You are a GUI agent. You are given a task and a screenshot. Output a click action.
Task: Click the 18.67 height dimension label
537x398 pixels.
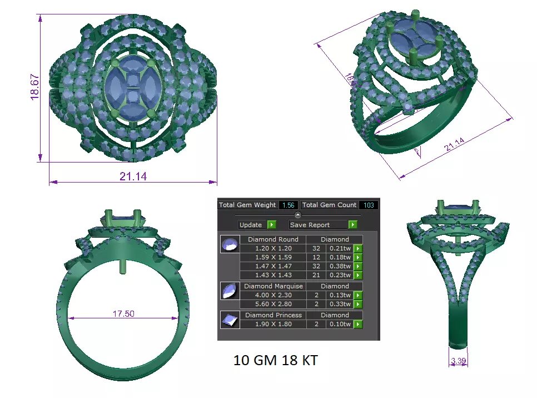tap(35, 87)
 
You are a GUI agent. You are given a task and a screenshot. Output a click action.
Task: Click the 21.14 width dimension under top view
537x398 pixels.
tap(133, 176)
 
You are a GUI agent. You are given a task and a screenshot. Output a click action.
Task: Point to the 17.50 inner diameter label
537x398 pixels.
tap(123, 314)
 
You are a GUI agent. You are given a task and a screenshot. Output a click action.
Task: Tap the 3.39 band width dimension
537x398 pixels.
tap(459, 361)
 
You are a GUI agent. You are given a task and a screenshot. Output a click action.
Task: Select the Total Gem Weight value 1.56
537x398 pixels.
tap(288, 205)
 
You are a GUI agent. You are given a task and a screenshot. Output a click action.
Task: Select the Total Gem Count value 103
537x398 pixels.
tap(368, 205)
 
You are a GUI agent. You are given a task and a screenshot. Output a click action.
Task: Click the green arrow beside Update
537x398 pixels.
tap(271, 225)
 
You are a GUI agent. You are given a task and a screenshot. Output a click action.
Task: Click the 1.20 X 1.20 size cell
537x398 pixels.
tap(273, 248)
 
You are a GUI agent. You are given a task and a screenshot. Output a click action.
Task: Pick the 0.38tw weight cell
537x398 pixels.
tap(339, 266)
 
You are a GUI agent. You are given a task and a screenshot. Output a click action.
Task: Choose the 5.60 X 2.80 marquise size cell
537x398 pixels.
tap(273, 304)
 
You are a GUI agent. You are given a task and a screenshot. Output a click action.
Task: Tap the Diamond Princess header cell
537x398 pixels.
tap(273, 315)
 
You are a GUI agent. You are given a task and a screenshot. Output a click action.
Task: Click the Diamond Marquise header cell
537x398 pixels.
tap(273, 286)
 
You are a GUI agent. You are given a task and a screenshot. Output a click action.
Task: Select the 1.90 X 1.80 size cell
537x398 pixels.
tap(273, 324)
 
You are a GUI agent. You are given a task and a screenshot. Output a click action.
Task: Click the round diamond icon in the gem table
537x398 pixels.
tap(228, 244)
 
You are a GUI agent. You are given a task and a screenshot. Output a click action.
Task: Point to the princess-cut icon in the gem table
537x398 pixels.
tap(228, 320)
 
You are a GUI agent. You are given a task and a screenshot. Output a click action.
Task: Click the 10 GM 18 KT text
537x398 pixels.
tap(276, 360)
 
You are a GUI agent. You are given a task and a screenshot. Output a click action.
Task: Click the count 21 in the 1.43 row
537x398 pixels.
tap(315, 275)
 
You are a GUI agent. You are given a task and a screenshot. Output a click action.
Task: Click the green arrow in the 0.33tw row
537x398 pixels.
tap(358, 304)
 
